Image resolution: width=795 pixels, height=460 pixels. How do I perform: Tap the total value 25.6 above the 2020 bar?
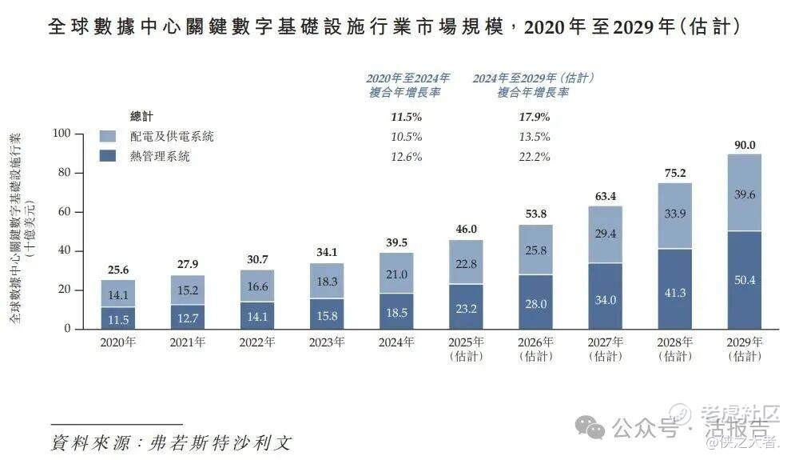(x=118, y=270)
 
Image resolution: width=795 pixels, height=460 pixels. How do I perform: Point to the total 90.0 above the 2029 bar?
(x=743, y=144)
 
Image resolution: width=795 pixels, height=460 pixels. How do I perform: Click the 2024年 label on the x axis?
(x=396, y=342)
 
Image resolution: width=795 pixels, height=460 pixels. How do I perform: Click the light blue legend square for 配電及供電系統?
(x=109, y=137)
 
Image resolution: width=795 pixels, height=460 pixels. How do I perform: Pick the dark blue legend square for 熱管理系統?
(x=109, y=157)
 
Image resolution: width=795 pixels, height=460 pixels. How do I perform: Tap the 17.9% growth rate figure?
(x=535, y=117)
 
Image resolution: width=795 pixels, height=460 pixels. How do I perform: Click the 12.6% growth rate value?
(x=406, y=157)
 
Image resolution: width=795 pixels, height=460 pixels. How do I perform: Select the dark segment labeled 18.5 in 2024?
(x=396, y=311)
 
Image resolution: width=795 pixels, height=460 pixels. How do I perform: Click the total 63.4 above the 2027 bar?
(x=605, y=197)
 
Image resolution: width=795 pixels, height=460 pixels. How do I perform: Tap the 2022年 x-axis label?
(x=257, y=342)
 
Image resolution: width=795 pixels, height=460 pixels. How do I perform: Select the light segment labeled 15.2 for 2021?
(x=188, y=290)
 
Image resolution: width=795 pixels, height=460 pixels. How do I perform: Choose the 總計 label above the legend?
(x=141, y=117)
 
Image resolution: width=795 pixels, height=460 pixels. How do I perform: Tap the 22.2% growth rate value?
(x=535, y=157)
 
